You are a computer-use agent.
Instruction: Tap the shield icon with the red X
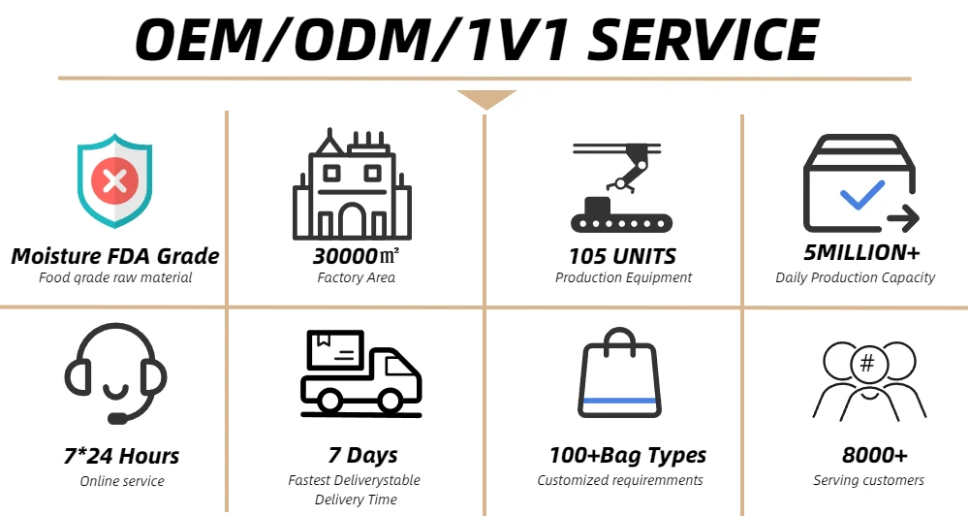tap(114, 183)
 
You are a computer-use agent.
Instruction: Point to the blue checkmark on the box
tap(862, 194)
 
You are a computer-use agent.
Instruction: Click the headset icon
tap(115, 374)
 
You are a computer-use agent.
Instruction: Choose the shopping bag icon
tap(620, 371)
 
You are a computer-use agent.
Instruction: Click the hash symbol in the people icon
tap(867, 364)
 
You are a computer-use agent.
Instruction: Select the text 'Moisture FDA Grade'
tap(115, 257)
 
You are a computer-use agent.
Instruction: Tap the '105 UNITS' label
tap(623, 257)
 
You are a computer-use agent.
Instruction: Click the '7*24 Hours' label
tap(122, 456)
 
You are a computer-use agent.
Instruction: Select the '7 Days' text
tap(362, 455)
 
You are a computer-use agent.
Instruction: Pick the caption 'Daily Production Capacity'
tap(855, 277)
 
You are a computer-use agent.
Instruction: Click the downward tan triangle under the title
tap(485, 99)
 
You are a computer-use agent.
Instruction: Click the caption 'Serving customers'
tap(868, 480)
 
